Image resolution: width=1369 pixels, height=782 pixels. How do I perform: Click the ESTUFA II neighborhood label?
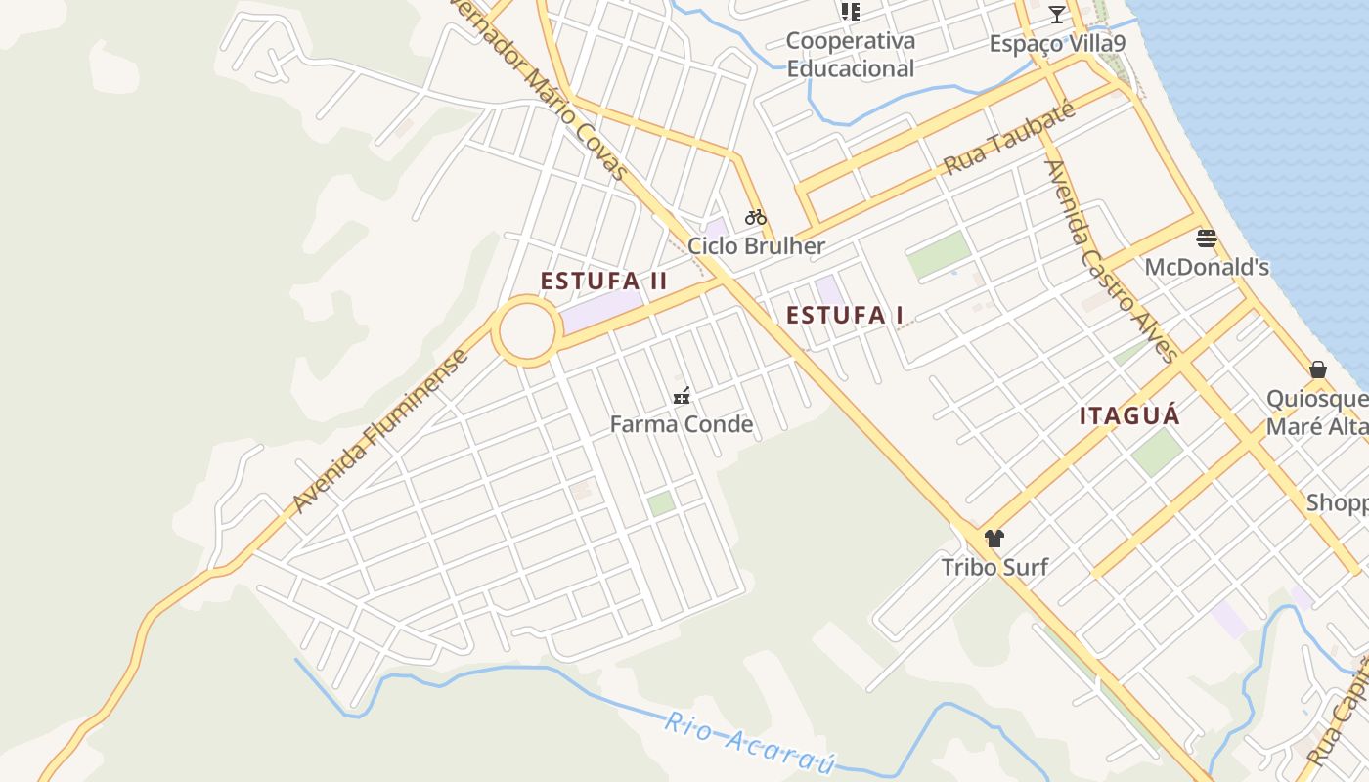[x=603, y=282]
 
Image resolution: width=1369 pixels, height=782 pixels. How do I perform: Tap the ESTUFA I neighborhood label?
[x=845, y=315]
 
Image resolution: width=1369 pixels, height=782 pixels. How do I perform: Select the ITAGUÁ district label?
[x=1129, y=415]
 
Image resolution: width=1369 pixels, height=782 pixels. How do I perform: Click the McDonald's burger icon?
[x=1207, y=238]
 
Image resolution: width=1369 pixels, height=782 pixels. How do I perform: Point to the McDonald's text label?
[x=1207, y=267]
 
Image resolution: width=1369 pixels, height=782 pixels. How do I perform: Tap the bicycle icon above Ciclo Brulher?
[x=755, y=217]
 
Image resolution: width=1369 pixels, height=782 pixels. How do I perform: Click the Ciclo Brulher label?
[x=756, y=245]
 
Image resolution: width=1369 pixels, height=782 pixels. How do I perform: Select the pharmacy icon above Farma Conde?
[x=682, y=396]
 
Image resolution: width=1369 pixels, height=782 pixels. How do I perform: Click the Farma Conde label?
[x=682, y=424]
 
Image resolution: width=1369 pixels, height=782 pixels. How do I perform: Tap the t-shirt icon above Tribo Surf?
[x=994, y=538]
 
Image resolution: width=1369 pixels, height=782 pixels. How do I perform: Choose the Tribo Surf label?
[x=994, y=567]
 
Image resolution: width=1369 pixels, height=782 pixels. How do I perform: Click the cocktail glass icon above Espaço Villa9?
[x=1056, y=14]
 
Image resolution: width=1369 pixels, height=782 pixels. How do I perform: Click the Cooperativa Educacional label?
[x=851, y=55]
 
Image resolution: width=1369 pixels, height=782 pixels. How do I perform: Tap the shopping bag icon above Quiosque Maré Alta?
[x=1318, y=369]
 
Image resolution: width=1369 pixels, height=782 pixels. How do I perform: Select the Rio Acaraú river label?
[x=749, y=744]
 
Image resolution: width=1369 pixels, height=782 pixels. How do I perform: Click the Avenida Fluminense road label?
[x=380, y=431]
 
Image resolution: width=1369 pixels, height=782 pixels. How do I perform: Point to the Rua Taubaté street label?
[x=1010, y=139]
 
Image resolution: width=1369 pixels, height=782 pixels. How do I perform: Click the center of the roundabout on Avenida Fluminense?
[x=527, y=331]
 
